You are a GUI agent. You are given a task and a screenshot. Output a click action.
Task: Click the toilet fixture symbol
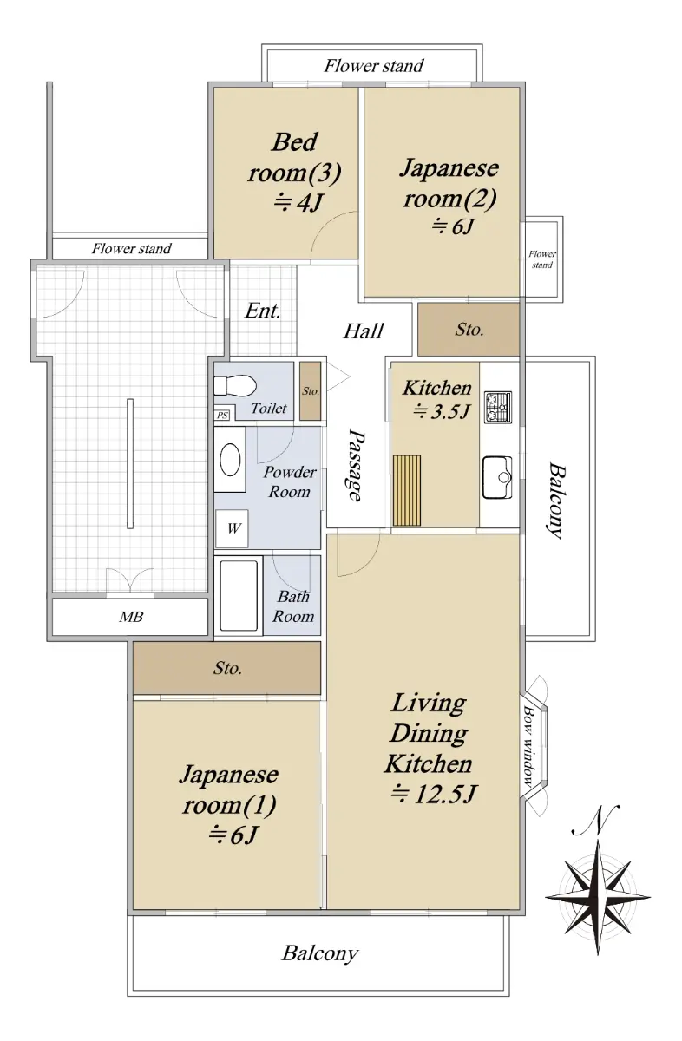[235, 385]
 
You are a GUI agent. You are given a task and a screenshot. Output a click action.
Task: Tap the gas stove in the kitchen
[498, 407]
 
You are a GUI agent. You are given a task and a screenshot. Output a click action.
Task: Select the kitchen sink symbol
[497, 477]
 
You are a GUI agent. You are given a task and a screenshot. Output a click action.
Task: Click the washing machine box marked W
[232, 528]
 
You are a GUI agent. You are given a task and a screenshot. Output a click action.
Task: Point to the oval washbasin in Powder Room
[230, 460]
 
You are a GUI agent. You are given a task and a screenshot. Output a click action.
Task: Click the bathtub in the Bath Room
[239, 595]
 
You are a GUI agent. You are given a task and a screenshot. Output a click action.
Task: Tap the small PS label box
[223, 415]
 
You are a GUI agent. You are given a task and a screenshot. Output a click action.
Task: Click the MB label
[131, 617]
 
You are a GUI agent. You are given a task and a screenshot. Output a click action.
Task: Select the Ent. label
[263, 311]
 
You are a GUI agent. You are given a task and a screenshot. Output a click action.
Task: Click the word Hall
[364, 331]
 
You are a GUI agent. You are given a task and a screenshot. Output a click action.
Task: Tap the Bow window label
[528, 746]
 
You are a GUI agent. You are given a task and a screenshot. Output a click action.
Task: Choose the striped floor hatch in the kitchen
[407, 490]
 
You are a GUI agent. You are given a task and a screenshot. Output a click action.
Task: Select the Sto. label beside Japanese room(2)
[469, 330]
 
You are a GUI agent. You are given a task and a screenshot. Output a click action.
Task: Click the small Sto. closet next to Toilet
[310, 391]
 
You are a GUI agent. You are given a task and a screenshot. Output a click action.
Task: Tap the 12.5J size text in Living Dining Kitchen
[434, 794]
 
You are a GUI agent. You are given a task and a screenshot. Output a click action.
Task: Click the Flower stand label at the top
[374, 66]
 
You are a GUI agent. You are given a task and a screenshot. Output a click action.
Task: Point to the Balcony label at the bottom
[320, 953]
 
